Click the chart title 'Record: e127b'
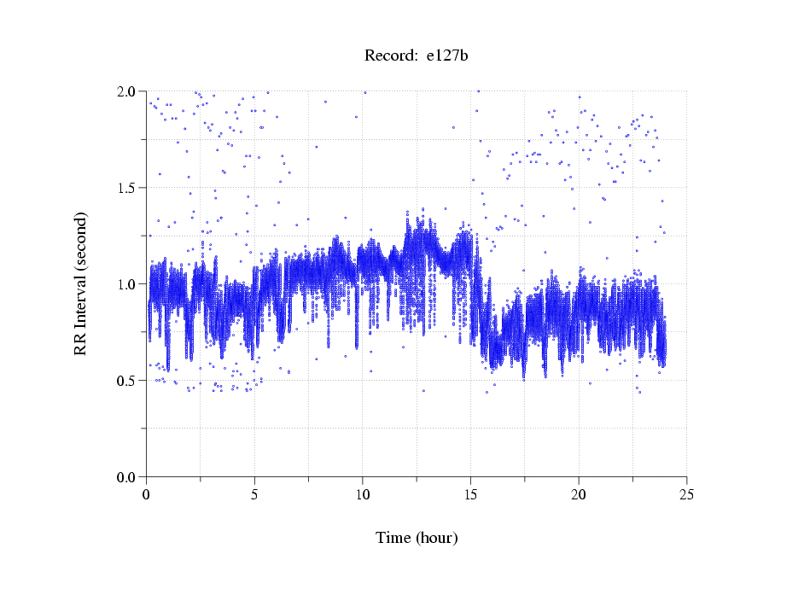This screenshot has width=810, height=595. [417, 56]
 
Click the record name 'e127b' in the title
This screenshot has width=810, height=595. [447, 56]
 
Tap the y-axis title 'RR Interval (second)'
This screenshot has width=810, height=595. [80, 283]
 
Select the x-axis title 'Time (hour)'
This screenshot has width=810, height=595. [417, 538]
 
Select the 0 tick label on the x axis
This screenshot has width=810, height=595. [147, 494]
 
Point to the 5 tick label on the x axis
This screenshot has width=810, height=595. [254, 494]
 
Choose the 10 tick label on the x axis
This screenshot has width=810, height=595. [363, 494]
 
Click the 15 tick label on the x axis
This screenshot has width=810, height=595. [470, 494]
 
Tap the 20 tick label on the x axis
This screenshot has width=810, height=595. [579, 494]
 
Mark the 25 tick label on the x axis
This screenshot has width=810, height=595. [686, 494]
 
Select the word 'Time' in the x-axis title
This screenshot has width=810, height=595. [393, 538]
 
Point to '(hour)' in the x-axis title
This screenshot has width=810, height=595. [436, 538]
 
